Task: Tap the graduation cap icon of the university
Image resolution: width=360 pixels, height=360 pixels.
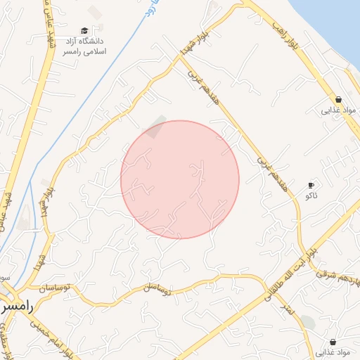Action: (x=84, y=31)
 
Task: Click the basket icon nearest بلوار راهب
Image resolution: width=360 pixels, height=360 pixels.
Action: (x=339, y=99)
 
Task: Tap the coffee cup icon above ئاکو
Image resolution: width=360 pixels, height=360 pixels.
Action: (x=311, y=186)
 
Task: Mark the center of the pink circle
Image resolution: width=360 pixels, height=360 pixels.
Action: (x=180, y=179)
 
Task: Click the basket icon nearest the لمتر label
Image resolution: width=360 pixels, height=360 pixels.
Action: (x=333, y=342)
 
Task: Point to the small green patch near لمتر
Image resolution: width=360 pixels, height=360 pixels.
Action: (x=308, y=323)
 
